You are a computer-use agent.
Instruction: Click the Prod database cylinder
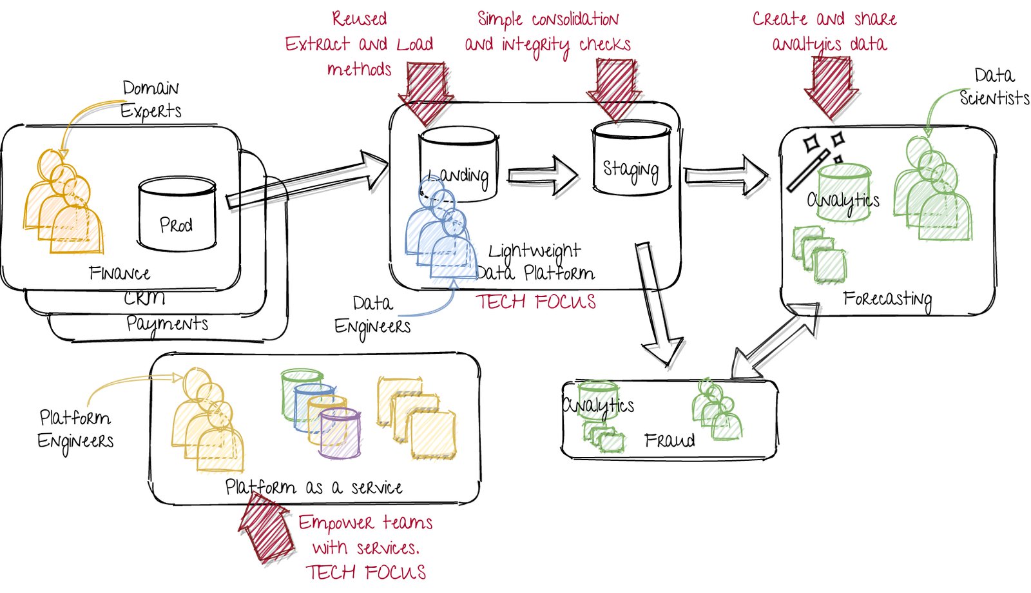177,215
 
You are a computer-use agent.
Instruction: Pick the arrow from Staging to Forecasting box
726,175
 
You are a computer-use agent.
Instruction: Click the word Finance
120,273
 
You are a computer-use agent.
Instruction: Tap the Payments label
167,324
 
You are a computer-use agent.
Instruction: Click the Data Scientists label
994,87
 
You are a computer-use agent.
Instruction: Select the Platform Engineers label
75,429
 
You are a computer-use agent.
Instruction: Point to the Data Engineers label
372,315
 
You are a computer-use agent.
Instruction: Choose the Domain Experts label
151,99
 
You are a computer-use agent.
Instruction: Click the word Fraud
670,440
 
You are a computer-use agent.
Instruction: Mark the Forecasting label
887,299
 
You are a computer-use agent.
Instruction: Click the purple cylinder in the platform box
340,433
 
